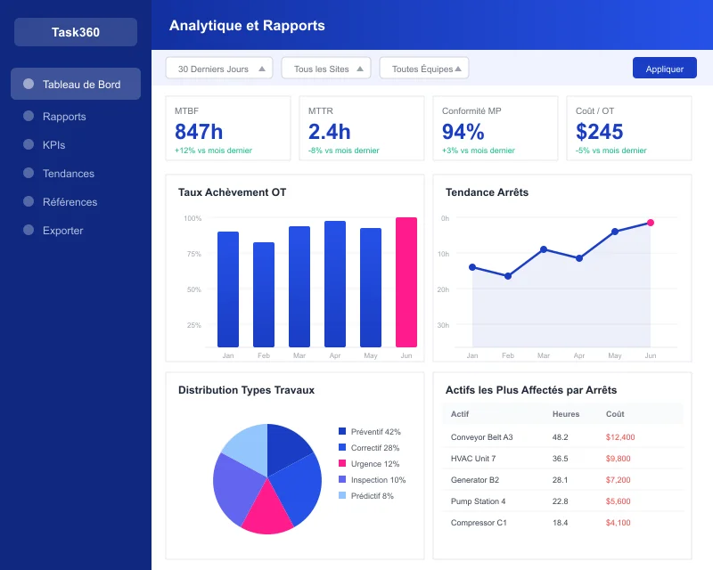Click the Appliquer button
[664, 69]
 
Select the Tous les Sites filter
[326, 69]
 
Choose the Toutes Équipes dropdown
[424, 69]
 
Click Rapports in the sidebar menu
[64, 117]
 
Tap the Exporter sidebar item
[62, 231]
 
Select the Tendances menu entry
[68, 174]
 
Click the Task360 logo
[76, 32]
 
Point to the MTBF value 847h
[199, 132]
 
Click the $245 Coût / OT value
[600, 132]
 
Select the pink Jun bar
[406, 282]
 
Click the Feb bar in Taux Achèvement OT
[264, 295]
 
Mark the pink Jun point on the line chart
[651, 223]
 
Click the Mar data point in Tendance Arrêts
[544, 249]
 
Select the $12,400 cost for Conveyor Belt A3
[620, 437]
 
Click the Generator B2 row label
[475, 480]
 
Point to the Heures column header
[566, 414]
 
